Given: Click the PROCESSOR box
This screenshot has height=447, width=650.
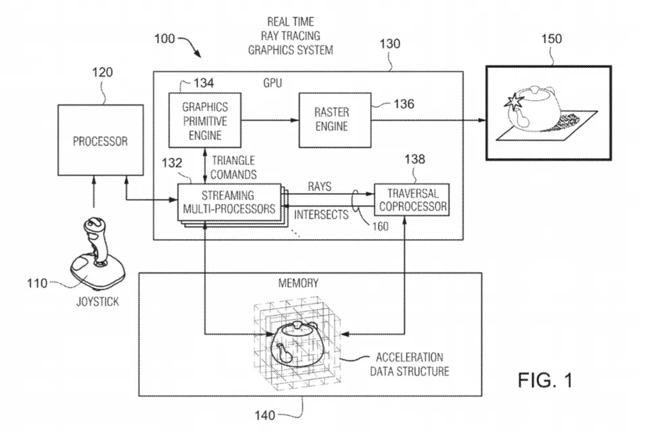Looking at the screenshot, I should click(100, 142).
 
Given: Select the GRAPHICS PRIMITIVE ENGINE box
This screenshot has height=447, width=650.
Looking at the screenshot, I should click(205, 121).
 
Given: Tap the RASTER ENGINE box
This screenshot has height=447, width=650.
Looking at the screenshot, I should click(331, 121).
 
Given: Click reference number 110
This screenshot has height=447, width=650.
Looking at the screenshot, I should click(37, 282).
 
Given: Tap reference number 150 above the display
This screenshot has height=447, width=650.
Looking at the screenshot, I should click(550, 39).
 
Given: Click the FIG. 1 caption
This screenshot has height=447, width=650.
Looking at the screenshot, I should click(545, 381).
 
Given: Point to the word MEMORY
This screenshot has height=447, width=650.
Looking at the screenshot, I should click(298, 282).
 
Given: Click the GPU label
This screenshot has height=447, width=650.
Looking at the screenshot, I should click(272, 83).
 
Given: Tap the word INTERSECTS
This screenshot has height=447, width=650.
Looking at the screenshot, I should click(322, 215).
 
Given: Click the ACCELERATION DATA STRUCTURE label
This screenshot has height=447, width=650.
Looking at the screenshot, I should click(410, 364).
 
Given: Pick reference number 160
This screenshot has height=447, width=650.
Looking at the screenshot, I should click(379, 227).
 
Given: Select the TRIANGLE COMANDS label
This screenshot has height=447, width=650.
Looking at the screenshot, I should click(233, 167).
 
